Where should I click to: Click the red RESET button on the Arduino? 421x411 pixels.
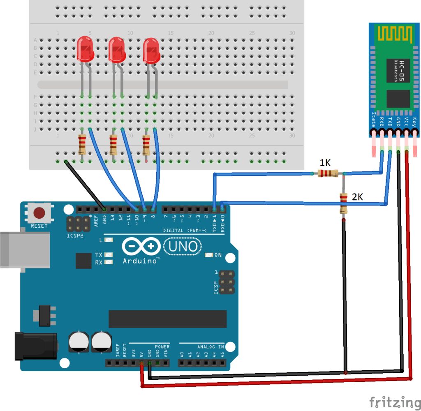[39, 213]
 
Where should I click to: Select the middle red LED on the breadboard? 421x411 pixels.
[117, 49]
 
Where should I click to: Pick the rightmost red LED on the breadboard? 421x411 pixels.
[151, 51]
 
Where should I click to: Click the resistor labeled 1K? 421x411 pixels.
[328, 173]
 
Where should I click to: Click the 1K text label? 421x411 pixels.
[325, 163]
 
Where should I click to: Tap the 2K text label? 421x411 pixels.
[357, 197]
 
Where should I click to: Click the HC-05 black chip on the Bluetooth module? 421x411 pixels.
[398, 70]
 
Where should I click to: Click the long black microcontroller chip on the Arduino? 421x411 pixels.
[167, 319]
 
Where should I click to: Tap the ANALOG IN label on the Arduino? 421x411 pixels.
[210, 346]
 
